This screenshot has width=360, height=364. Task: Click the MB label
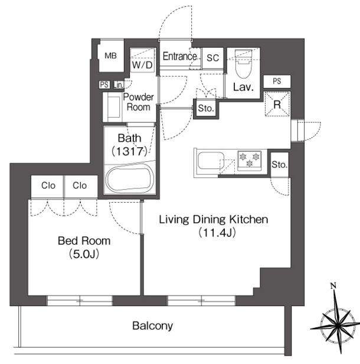pyautogui.click(x=110, y=56)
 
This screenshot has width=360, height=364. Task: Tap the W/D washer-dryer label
pyautogui.click(x=142, y=65)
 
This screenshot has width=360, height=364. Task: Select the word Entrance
pyautogui.click(x=179, y=56)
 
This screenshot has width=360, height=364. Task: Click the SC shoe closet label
pyautogui.click(x=212, y=57)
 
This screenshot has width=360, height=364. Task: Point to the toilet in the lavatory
pyautogui.click(x=243, y=64)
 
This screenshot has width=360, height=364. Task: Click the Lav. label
pyautogui.click(x=243, y=87)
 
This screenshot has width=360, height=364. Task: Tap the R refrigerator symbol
pyautogui.click(x=277, y=104)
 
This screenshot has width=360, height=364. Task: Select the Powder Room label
pyautogui.click(x=138, y=102)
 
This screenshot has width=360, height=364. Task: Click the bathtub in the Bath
pyautogui.click(x=130, y=178)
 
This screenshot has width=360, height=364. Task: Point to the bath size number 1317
pyautogui.click(x=129, y=152)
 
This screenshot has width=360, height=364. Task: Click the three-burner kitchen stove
pyautogui.click(x=250, y=160)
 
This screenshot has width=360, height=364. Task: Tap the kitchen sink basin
pyautogui.click(x=211, y=161)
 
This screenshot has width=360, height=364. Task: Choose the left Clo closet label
pyautogui.click(x=48, y=186)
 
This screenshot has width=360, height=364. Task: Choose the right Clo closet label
pyautogui.click(x=80, y=186)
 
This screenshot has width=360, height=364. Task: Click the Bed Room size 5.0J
pyautogui.click(x=84, y=254)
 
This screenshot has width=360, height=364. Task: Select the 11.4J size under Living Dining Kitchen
pyautogui.click(x=217, y=233)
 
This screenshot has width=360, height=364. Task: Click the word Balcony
pyautogui.click(x=152, y=326)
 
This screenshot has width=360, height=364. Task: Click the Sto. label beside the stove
pyautogui.click(x=279, y=165)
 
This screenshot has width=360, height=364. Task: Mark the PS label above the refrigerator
pyautogui.click(x=277, y=81)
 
